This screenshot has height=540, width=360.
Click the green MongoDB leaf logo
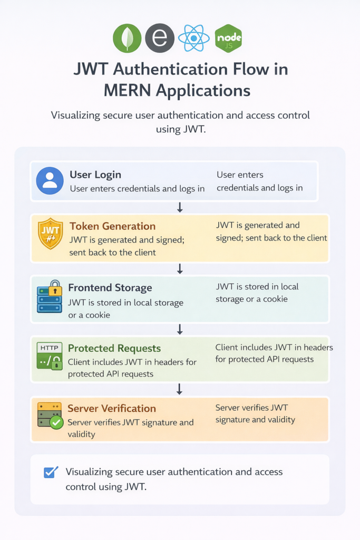pos(127,38)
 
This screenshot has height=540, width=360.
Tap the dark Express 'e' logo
pos(159,38)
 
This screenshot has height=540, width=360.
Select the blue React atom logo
pos(193,38)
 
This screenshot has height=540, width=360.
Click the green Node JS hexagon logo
pos(228,38)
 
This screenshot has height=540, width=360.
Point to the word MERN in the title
pos(129,90)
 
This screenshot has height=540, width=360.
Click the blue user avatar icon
pos(50,181)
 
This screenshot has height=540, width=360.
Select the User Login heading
pos(95,175)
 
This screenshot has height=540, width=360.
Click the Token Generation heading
pos(112,226)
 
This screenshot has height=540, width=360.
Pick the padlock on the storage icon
pos(55,287)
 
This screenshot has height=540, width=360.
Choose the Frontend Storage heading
pos(110,288)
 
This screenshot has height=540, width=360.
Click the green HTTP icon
pos(50,355)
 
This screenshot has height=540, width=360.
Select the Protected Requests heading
pos(114,349)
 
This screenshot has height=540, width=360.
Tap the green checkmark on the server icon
pos(56,422)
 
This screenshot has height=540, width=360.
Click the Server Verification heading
pos(112,409)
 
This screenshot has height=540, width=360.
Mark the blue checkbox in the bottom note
pos(51,472)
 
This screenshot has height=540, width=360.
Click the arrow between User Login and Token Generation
pos(180,208)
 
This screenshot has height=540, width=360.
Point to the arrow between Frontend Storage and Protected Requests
pos(180,330)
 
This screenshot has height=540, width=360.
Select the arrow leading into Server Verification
pos(180,389)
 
